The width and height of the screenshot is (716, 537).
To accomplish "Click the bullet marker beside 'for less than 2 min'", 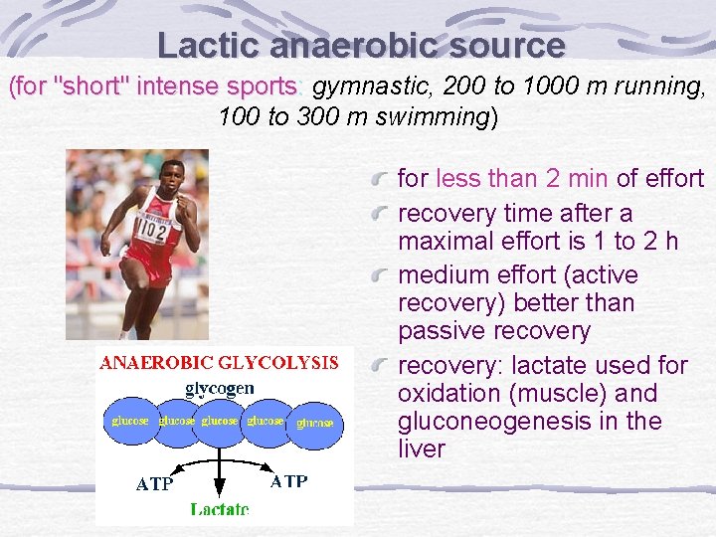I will [x=380, y=179].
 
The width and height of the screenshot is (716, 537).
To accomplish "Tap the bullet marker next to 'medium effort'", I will [x=380, y=275].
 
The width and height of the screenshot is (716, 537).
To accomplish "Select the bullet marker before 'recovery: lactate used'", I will [x=380, y=366].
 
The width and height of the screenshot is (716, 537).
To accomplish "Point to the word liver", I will [x=422, y=449].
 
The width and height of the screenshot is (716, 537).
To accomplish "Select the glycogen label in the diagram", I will [x=220, y=387].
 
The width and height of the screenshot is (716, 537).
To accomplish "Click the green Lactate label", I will [x=220, y=509].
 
